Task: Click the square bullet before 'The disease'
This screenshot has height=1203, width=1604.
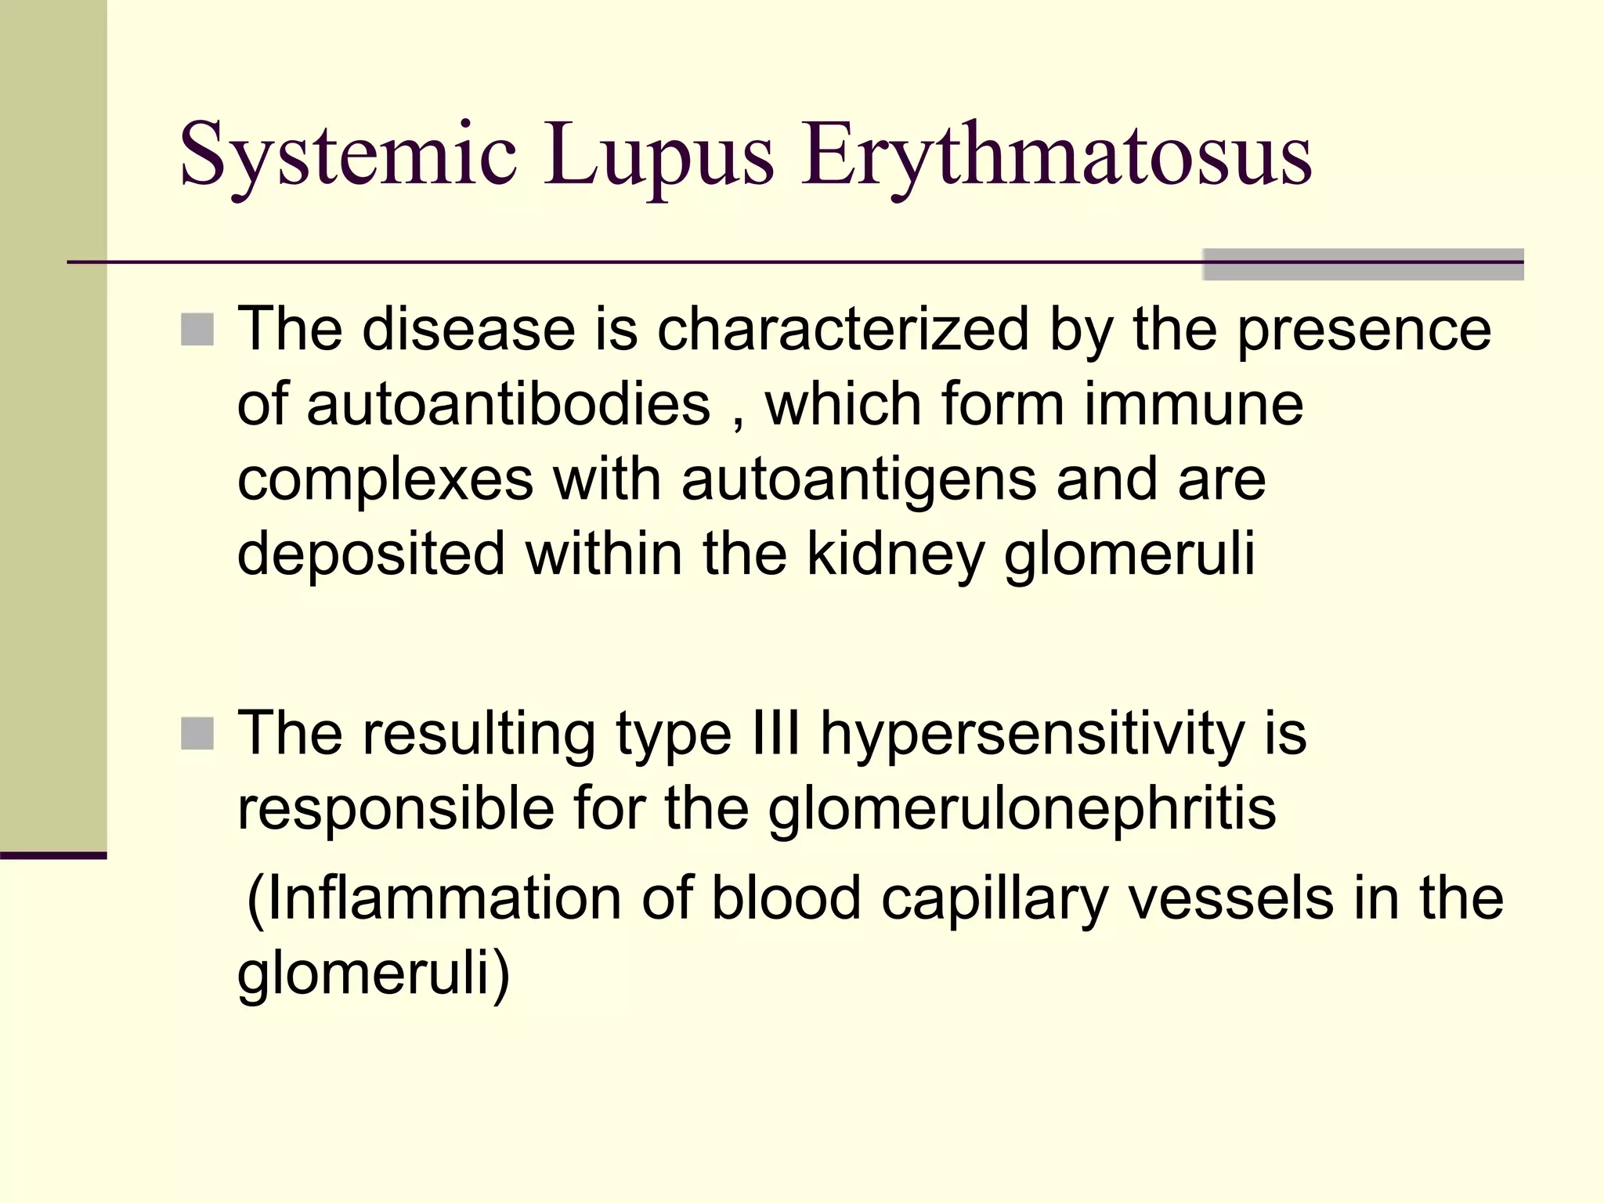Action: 197,330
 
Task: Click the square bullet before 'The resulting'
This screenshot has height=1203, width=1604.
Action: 197,734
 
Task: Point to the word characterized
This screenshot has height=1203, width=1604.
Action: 843,329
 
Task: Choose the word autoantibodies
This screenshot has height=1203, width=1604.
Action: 473,404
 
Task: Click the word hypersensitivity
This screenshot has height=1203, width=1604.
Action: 1032,734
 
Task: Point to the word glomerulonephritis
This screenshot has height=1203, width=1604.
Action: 1022,808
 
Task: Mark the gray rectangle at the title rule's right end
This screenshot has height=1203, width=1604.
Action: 1363,265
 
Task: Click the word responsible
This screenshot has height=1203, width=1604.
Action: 396,808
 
